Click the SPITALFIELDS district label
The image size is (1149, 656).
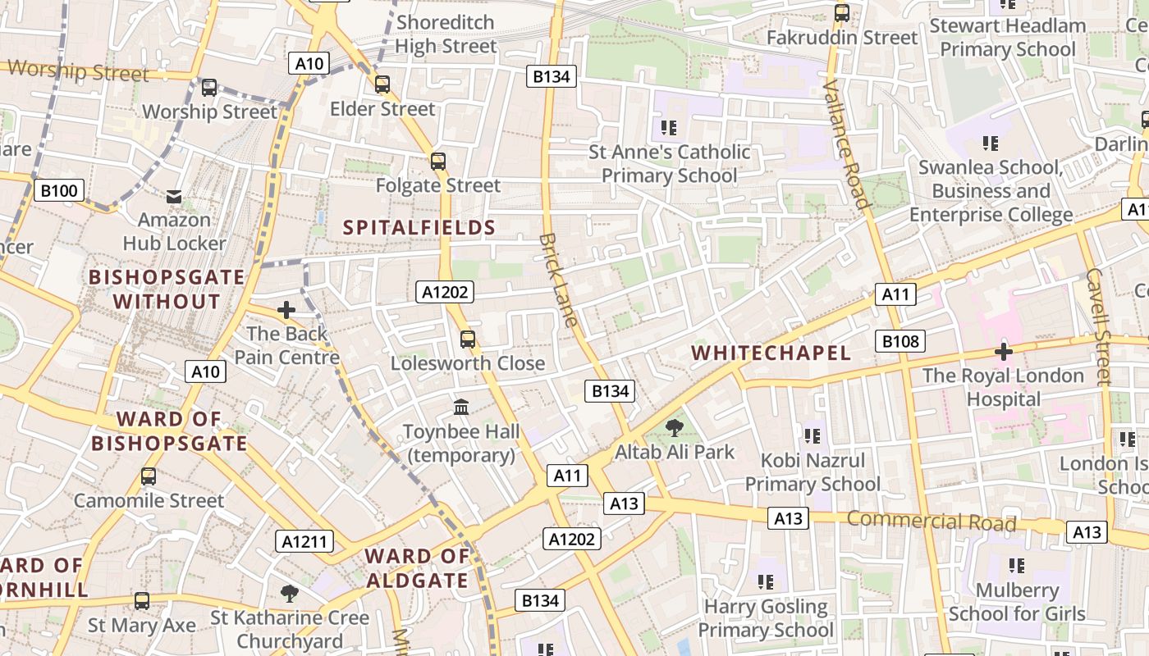coord(419,228)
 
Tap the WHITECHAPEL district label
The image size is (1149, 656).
coord(771,353)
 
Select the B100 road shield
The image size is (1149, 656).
coord(60,191)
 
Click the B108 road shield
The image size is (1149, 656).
coord(900,341)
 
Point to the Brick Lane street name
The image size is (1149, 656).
coord(560,280)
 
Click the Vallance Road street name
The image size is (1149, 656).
coord(845,144)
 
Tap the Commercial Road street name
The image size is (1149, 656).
coord(932,521)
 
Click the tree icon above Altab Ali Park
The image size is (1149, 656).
coord(675,427)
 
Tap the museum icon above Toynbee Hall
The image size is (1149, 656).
coord(461,407)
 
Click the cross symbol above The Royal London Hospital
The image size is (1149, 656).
coord(1003,352)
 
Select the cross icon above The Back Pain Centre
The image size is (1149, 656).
coord(286,310)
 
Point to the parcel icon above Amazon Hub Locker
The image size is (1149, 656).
coord(174,196)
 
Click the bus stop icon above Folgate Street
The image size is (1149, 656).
coord(438,162)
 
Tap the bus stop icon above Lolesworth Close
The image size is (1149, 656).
coord(468,339)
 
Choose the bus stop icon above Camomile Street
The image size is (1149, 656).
coord(149,476)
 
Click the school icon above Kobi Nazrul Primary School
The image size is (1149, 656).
coord(813,435)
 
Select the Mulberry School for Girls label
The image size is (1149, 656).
coord(1017,602)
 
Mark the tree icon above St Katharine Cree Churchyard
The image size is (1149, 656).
coord(289,593)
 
